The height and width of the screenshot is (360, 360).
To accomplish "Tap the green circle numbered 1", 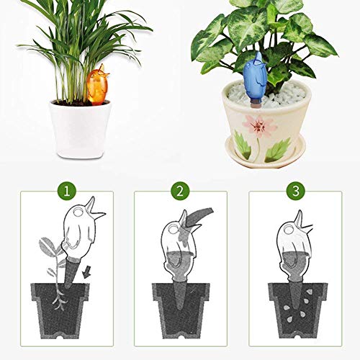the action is point(67,192).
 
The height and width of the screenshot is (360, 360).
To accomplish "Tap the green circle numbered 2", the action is point(180,192).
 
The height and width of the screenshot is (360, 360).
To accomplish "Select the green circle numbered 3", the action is point(296,192).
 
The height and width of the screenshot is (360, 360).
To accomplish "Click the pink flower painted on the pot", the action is point(258,125).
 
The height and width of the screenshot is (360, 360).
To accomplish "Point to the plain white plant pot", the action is point(80,129).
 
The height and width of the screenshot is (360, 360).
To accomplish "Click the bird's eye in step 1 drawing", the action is point(78,212).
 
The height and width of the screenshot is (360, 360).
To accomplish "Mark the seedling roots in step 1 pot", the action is point(59,297).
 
